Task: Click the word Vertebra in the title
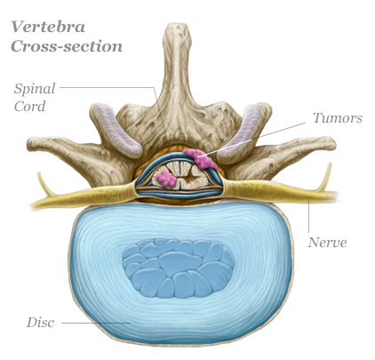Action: coord(48,27)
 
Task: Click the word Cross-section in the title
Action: coord(67,46)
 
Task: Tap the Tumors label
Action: coord(338,117)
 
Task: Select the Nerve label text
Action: coord(327,243)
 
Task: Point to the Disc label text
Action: coord(40,323)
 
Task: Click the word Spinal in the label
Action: coord(35,89)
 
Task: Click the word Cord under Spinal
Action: coord(29,106)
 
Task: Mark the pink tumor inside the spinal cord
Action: coord(166,179)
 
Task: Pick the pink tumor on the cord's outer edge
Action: coord(201,158)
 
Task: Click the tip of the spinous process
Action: coord(177,27)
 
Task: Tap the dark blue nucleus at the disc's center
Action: coord(178,268)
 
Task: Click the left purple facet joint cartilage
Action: coord(116,130)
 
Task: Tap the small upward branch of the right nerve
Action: coord(324,177)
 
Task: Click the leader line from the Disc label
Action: coord(96,323)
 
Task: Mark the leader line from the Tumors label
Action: coord(252,139)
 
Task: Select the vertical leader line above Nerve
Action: coord(308,216)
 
